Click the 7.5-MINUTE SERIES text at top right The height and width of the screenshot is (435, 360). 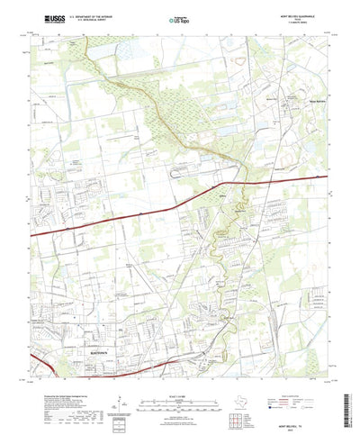coord(310,23)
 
